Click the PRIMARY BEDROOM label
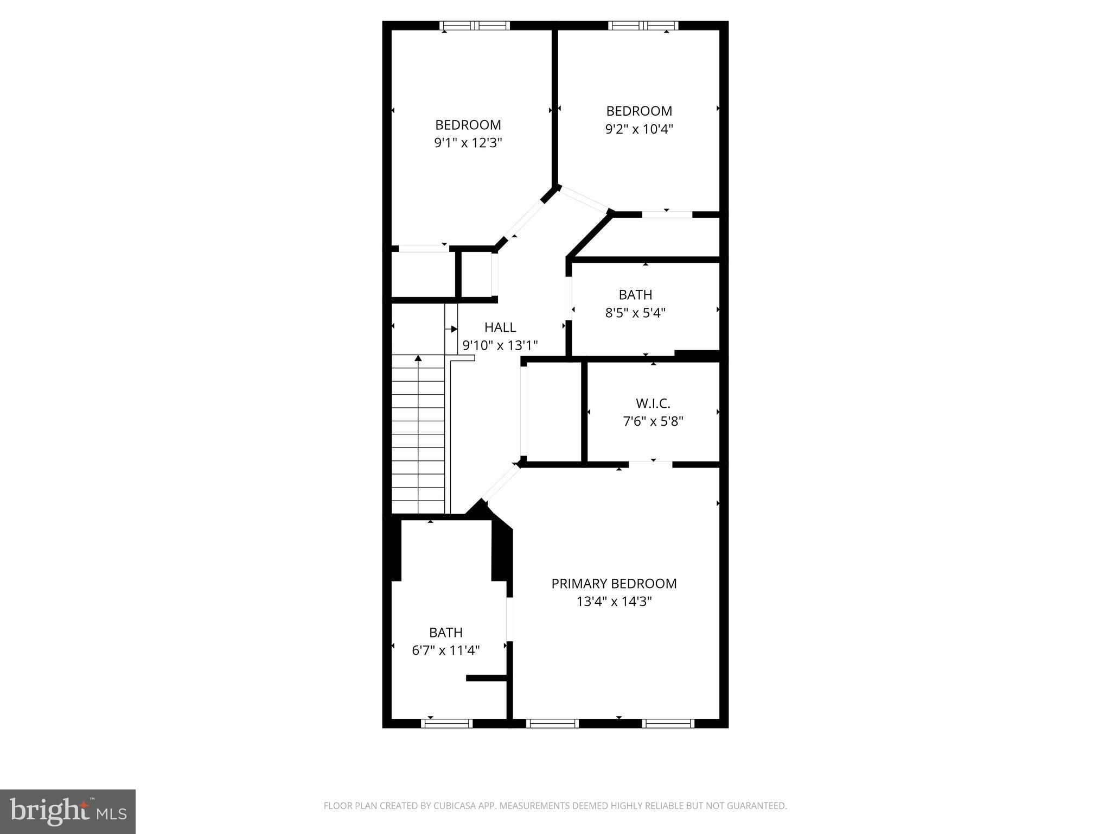tap(614, 584)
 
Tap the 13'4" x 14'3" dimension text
tap(614, 602)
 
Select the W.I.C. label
tap(653, 403)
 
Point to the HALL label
tap(500, 327)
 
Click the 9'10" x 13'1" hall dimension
tap(500, 345)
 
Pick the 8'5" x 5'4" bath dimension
tap(635, 313)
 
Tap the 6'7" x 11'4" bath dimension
tap(445, 650)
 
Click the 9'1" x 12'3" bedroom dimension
tap(468, 143)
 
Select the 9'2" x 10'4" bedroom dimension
tap(639, 129)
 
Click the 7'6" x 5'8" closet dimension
tap(653, 421)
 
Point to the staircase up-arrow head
tap(418, 358)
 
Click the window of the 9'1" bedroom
tap(475, 26)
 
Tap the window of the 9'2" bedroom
tap(643, 26)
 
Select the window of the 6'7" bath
tap(447, 723)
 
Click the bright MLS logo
tap(68, 811)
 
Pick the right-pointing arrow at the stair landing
tap(453, 329)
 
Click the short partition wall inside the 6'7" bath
tap(486, 678)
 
